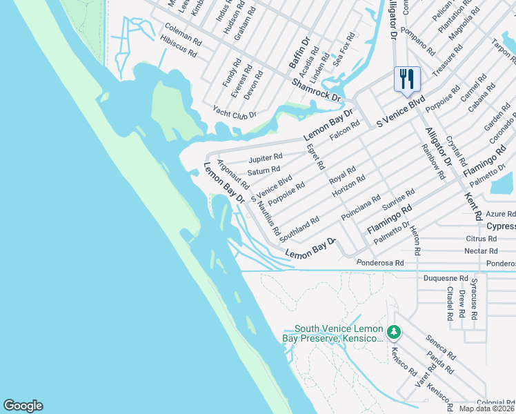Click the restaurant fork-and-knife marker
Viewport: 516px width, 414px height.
tap(407, 79)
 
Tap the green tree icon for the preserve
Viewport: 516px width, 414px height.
tap(394, 333)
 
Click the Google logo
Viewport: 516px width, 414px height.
tap(23, 406)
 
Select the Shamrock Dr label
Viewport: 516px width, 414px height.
tap(317, 90)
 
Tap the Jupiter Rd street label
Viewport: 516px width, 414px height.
tap(266, 158)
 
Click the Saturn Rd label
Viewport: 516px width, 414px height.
tap(264, 170)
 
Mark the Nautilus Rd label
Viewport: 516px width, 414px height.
tap(268, 220)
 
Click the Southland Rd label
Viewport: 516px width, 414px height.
tap(299, 228)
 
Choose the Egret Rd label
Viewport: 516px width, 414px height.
tap(315, 157)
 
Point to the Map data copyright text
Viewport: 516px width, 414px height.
tap(486, 408)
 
